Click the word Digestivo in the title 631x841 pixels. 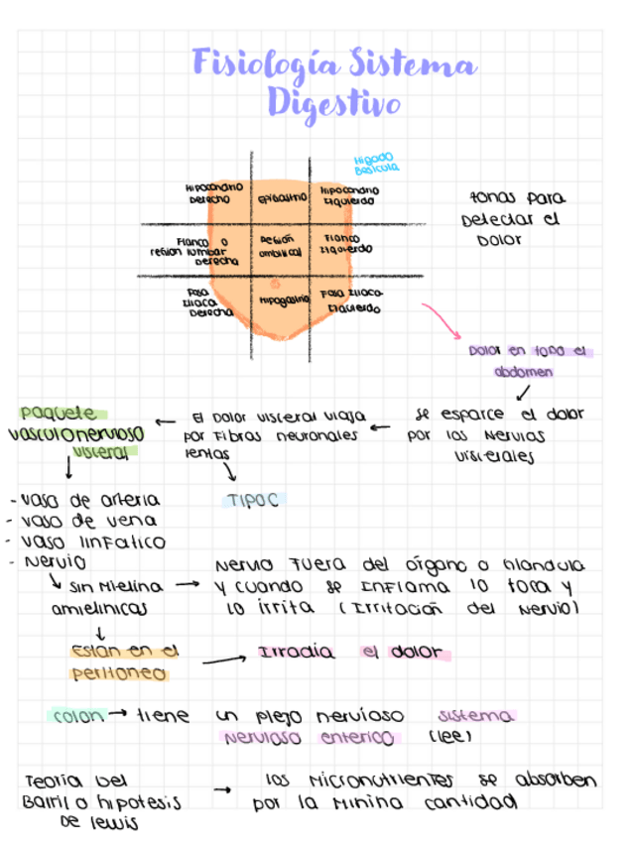click(333, 103)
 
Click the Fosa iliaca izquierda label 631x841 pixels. click(351, 300)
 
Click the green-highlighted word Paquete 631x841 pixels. click(59, 413)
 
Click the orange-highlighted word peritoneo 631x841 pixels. click(119, 674)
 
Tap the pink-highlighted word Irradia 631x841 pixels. click(296, 653)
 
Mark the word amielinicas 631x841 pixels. click(99, 607)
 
